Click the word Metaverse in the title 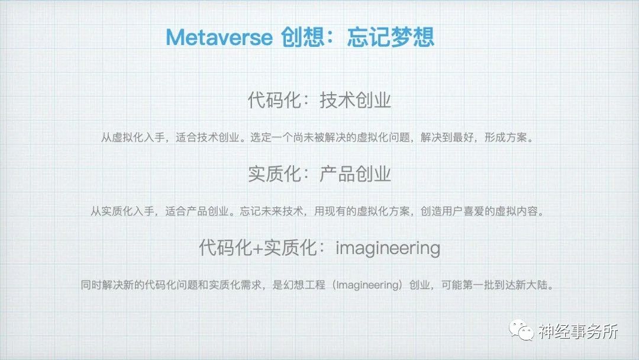219,37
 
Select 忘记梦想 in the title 391,37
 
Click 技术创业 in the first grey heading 356,100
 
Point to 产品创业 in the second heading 356,174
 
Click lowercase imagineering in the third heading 388,248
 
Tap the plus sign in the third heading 257,248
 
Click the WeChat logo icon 521,330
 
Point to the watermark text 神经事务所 578,331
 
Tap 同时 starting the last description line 91,285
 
